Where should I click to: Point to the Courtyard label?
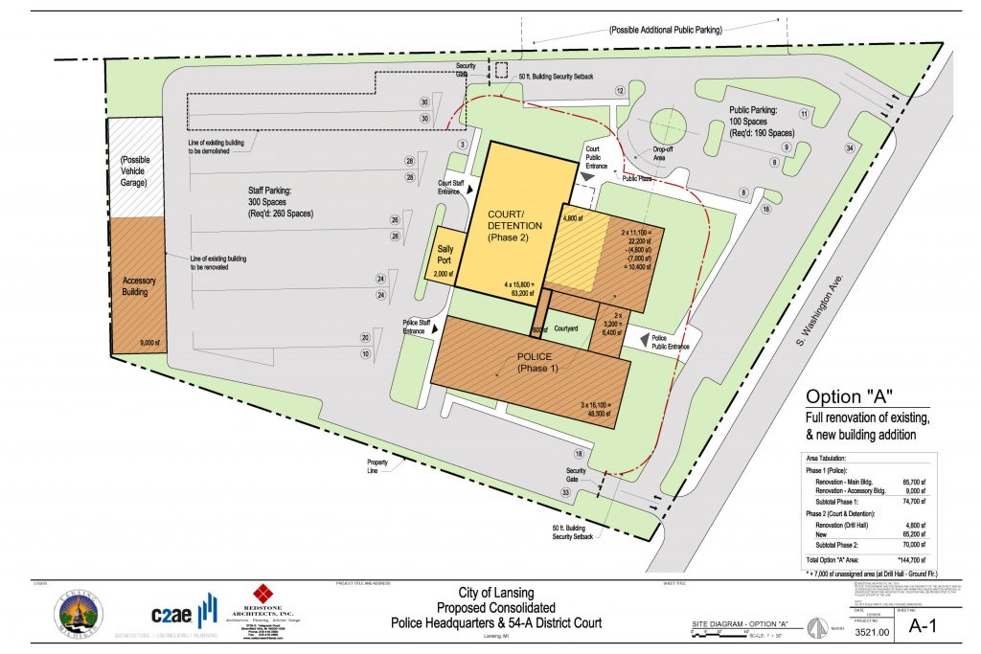coord(566,328)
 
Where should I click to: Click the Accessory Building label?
coord(139,286)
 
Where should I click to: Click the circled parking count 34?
coord(849,147)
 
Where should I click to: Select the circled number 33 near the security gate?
coord(565,492)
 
